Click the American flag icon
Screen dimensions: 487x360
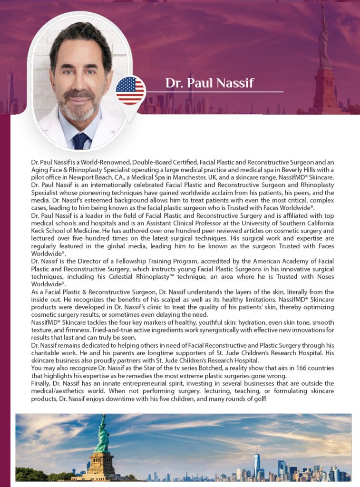click(x=130, y=90)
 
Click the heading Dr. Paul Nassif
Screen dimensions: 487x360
click(x=209, y=83)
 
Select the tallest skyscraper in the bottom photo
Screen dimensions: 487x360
click(x=256, y=463)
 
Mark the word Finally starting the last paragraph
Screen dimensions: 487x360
click(x=41, y=383)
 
